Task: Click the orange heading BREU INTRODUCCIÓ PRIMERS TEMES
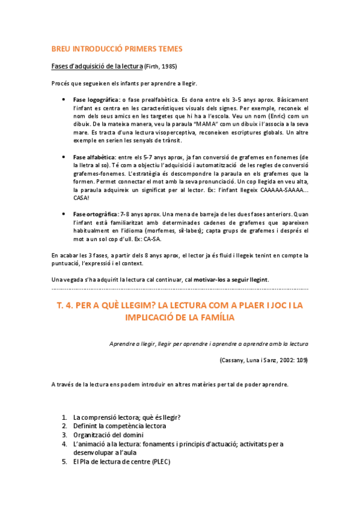click(x=117, y=48)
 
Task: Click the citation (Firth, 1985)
click(x=161, y=66)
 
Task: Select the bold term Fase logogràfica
click(x=96, y=99)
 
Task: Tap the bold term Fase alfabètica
click(x=93, y=156)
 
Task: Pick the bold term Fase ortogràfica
click(x=95, y=214)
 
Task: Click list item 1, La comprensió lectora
click(x=127, y=417)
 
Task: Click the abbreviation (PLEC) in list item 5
click(x=160, y=462)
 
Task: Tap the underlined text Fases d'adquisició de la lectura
click(x=97, y=66)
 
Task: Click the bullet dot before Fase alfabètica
click(x=65, y=157)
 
